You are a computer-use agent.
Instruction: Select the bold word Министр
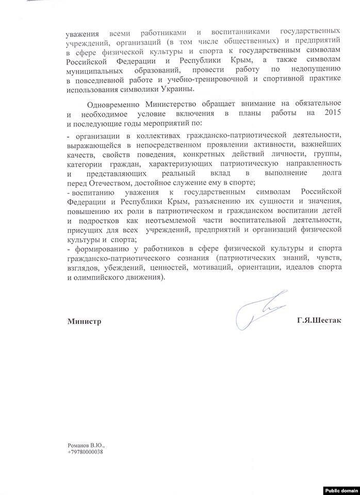[x=84, y=321]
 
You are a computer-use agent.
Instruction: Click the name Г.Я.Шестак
[x=320, y=321]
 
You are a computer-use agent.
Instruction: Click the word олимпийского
[x=96, y=277]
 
